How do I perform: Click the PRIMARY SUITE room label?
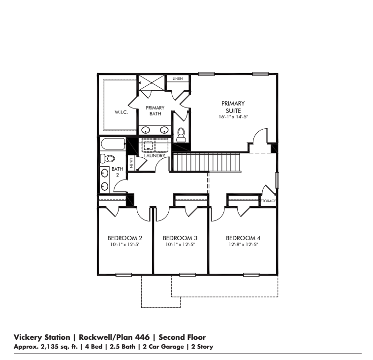pyautogui.click(x=233, y=107)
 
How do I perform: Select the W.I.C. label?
pyautogui.click(x=121, y=112)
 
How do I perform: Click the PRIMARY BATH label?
pyautogui.click(x=155, y=110)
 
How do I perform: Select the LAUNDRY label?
pyautogui.click(x=154, y=156)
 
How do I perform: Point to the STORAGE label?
pyautogui.click(x=268, y=201)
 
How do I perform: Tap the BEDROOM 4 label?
pyautogui.click(x=243, y=238)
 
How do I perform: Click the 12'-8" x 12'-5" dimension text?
pyautogui.click(x=243, y=245)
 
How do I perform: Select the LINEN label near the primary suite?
pyautogui.click(x=178, y=78)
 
